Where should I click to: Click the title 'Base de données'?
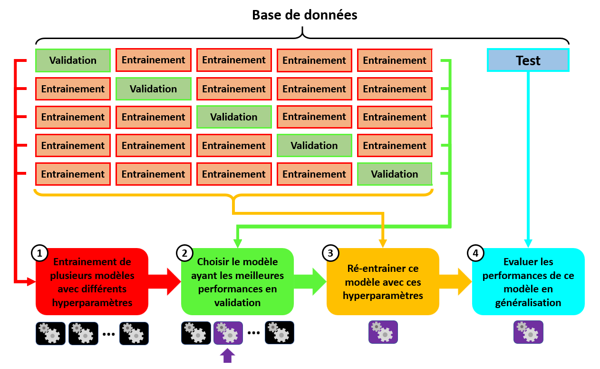(x=304, y=15)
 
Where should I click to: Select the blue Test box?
(x=528, y=60)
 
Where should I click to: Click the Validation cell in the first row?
(x=73, y=60)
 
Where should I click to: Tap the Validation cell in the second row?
(x=153, y=89)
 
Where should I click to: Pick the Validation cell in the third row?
(x=234, y=117)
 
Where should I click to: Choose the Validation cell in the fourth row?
(x=314, y=146)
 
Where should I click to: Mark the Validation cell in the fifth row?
(x=395, y=174)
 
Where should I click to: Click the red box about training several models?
(x=92, y=282)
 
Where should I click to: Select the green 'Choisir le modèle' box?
(x=237, y=282)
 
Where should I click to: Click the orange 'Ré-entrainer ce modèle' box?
(x=383, y=282)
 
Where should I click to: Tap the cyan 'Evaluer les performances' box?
(x=528, y=282)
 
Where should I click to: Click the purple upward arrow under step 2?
(x=228, y=355)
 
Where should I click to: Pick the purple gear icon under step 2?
(x=228, y=333)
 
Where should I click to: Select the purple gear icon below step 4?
(x=528, y=332)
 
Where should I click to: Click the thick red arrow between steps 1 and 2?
(x=165, y=282)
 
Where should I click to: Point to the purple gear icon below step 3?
(x=383, y=332)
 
